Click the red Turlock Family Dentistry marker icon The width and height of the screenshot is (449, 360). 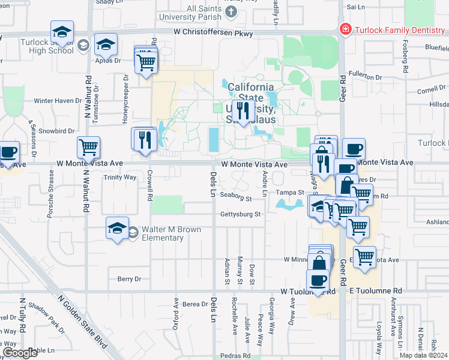click(345, 29)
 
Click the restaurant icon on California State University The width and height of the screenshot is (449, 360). click(243, 110)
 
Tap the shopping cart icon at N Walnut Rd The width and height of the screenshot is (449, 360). click(89, 146)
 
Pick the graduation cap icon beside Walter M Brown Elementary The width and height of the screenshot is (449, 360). click(117, 227)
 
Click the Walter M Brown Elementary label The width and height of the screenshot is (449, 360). click(162, 233)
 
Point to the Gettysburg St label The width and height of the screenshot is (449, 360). click(240, 214)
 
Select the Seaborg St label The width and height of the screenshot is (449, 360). click(235, 196)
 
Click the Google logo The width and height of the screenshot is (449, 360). click(20, 353)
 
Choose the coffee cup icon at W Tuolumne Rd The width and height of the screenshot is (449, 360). click(318, 280)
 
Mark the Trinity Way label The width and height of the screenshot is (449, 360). click(120, 178)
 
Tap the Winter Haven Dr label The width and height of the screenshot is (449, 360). click(57, 101)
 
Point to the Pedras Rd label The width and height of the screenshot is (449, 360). click(230, 355)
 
